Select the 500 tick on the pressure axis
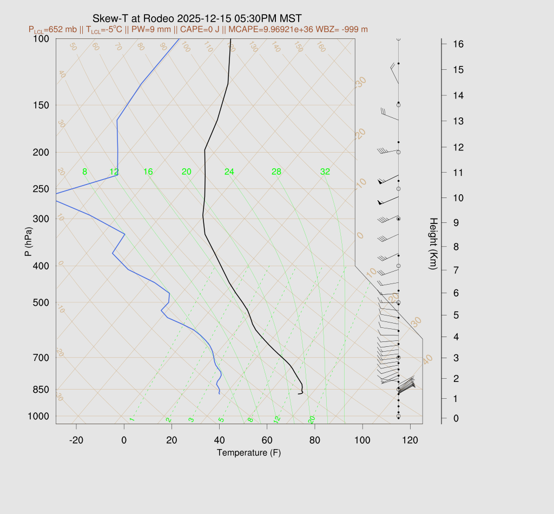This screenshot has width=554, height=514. [42, 302]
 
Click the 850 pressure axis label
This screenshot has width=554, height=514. [42, 390]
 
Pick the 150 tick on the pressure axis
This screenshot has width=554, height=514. [42, 105]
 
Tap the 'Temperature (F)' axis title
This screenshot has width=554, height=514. [248, 453]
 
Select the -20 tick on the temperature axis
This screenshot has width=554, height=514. [76, 440]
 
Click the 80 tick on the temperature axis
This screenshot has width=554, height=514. [315, 440]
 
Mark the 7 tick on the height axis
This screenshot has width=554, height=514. [452, 269]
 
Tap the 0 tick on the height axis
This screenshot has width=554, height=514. [452, 418]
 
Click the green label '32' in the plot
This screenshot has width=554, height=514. [325, 172]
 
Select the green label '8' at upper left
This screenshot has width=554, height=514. [84, 172]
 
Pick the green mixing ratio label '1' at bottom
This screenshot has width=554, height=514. [131, 420]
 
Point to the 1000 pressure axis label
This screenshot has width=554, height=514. [39, 416]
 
